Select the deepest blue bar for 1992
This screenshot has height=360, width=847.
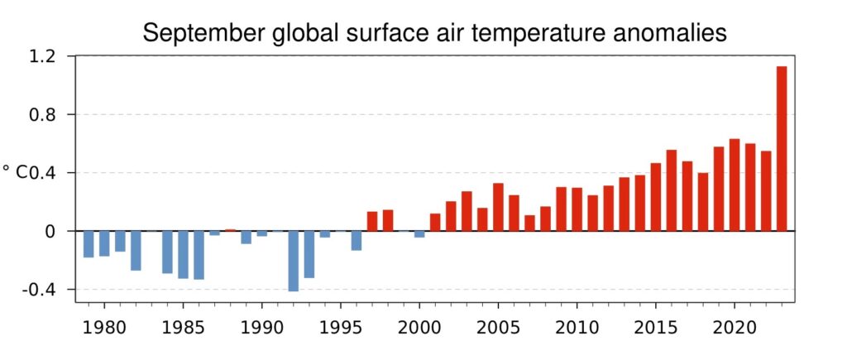click(293, 261)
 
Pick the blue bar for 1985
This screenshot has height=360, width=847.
click(183, 254)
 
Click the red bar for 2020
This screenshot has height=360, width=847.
click(734, 185)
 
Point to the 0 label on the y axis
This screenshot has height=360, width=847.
click(49, 232)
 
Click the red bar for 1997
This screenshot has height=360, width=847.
click(372, 221)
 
